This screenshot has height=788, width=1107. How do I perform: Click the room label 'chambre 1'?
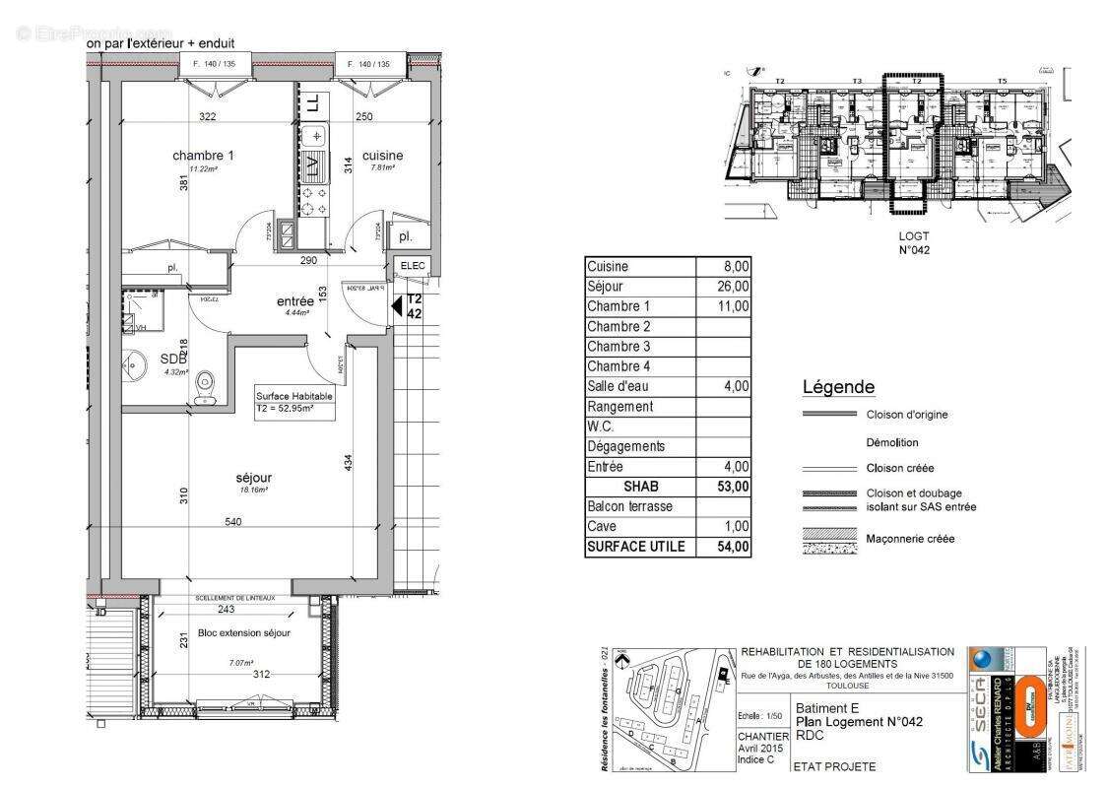pyautogui.click(x=203, y=156)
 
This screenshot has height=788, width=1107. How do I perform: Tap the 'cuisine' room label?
pyautogui.click(x=382, y=156)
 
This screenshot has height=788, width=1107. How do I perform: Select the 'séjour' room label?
pyautogui.click(x=253, y=477)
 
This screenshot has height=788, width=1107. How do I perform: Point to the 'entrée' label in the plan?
pyautogui.click(x=294, y=301)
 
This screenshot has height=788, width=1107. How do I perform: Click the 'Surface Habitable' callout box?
pyautogui.click(x=294, y=401)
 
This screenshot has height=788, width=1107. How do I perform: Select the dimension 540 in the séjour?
pyautogui.click(x=233, y=522)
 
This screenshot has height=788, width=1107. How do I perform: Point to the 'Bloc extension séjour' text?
pyautogui.click(x=243, y=632)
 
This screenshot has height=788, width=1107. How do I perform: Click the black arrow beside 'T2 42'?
pyautogui.click(x=397, y=307)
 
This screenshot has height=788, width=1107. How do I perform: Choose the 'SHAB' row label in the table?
pyautogui.click(x=640, y=487)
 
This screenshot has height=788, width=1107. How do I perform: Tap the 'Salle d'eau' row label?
pyautogui.click(x=619, y=387)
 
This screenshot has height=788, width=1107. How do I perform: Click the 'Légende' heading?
pyautogui.click(x=838, y=388)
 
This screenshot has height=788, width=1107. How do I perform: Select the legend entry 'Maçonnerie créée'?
pyautogui.click(x=910, y=539)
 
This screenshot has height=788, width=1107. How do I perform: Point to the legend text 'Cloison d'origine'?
pyautogui.click(x=907, y=415)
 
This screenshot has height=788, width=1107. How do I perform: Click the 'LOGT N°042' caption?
pyautogui.click(x=914, y=242)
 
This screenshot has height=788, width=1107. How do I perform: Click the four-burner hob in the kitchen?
pyautogui.click(x=313, y=201)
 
